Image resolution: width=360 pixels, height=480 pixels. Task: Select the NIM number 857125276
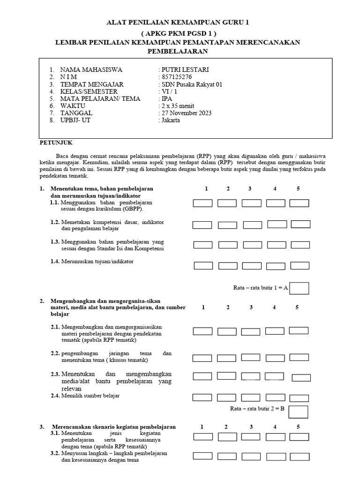pyautogui.click(x=176, y=77)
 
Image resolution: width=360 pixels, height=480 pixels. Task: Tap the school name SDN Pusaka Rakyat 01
pyautogui.click(x=190, y=84)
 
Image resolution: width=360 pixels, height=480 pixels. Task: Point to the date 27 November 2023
pyautogui.click(x=186, y=113)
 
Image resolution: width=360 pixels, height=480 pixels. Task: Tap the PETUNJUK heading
pyautogui.click(x=55, y=142)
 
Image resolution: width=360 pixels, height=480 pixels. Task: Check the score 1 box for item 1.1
pyautogui.click(x=202, y=203)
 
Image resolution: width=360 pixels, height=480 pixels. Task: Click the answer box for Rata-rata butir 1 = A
pyautogui.click(x=299, y=288)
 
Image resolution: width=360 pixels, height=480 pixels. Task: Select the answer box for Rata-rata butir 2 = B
pyautogui.click(x=298, y=412)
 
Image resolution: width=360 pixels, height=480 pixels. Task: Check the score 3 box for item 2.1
pyautogui.click(x=251, y=331)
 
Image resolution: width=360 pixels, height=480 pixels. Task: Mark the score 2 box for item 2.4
pyautogui.click(x=226, y=397)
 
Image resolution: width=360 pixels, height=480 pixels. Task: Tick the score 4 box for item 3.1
pyautogui.click(x=275, y=437)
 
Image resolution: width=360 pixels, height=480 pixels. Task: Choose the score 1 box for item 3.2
pyautogui.click(x=202, y=456)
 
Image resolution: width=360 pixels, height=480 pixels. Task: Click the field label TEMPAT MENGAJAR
pyautogui.click(x=91, y=84)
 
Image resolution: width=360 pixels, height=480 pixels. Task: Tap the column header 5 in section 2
pyautogui.click(x=297, y=307)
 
